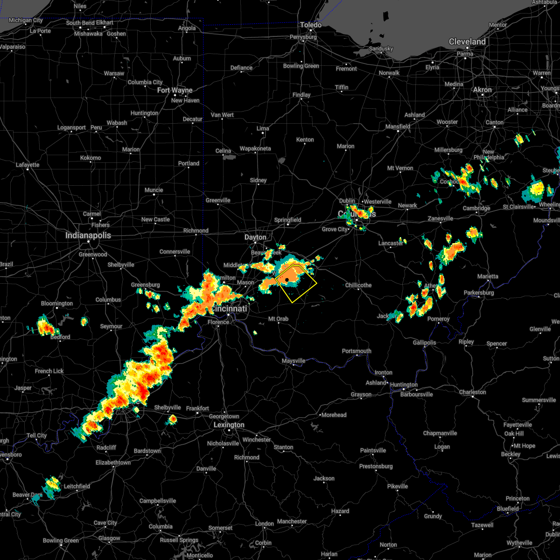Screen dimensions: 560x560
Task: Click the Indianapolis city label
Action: [x=88, y=236]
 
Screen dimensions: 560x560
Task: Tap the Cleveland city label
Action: [x=467, y=42]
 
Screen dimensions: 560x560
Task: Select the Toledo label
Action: [x=311, y=25]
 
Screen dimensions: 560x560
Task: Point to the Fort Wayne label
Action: [x=175, y=91]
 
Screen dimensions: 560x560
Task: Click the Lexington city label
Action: [x=229, y=425]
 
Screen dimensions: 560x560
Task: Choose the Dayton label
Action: [x=255, y=238]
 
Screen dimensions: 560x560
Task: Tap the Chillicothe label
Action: [x=358, y=285]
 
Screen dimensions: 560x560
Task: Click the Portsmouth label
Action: [x=357, y=351]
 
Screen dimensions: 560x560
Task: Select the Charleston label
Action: [x=473, y=392]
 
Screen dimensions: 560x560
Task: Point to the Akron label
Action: [x=483, y=90]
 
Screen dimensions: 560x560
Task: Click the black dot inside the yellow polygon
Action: [x=287, y=280]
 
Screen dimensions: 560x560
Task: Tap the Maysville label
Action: [x=294, y=361]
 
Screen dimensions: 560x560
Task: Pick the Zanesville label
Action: [x=441, y=218]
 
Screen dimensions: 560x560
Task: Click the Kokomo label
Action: [x=91, y=158]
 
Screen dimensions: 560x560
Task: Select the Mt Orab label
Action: [x=278, y=319]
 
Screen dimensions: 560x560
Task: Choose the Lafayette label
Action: [x=28, y=165]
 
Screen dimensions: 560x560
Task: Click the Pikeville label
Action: [x=398, y=486]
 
